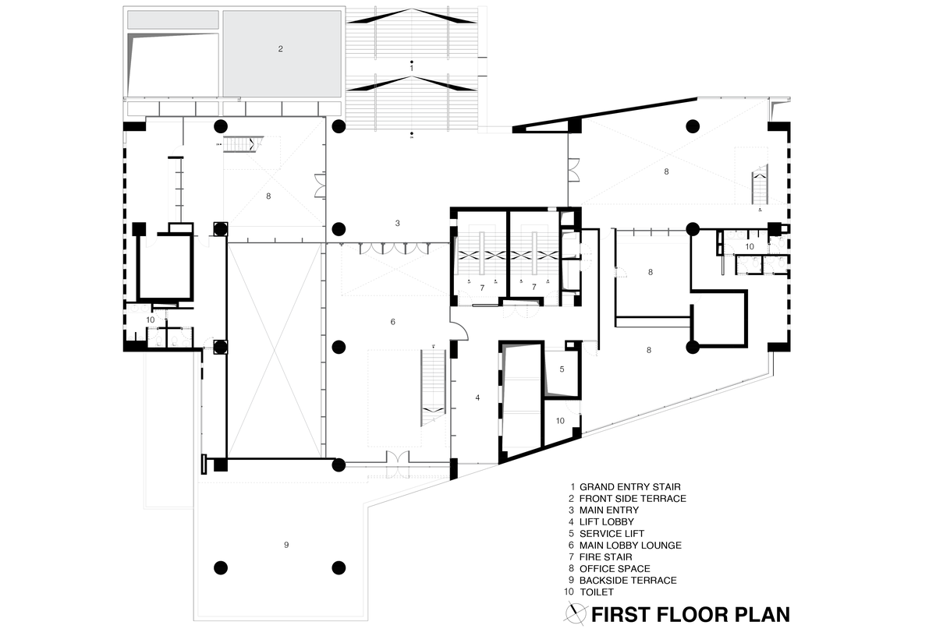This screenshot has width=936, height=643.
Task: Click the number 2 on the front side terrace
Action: [281, 48]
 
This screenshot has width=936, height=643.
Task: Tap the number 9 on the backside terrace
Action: [286, 544]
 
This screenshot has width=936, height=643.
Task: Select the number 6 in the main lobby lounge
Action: [393, 321]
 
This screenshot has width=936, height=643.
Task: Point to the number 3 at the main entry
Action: [397, 223]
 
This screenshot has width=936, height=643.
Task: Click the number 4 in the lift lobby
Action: [477, 397]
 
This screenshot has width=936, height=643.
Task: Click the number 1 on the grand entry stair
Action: [411, 69]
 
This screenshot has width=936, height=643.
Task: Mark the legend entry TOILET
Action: [597, 592]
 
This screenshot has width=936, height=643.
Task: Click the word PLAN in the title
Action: [761, 615]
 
